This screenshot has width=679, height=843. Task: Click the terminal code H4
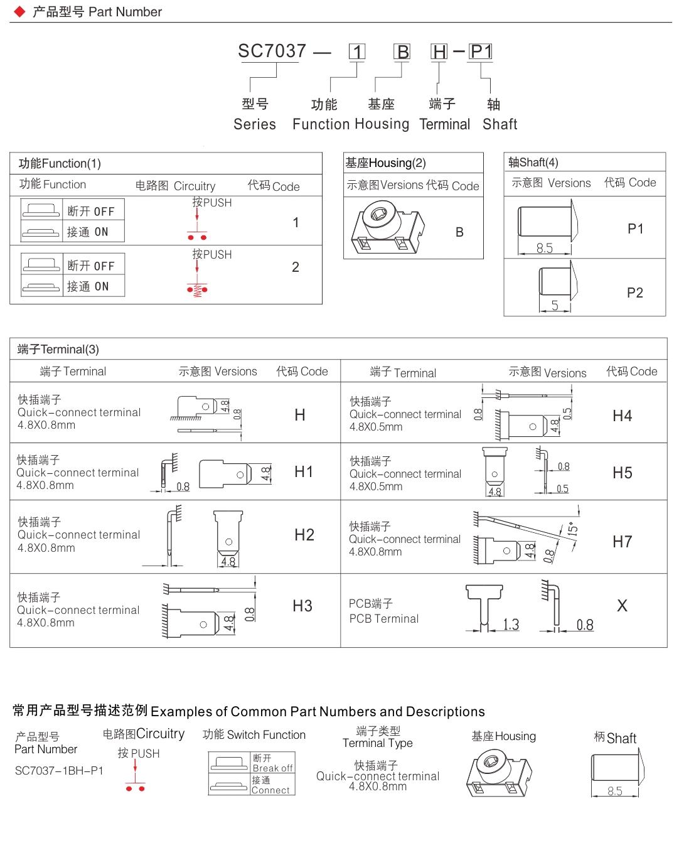(622, 416)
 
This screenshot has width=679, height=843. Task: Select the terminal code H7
(622, 541)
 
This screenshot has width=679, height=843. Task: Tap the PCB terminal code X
(622, 606)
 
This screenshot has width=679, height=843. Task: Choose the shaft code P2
(634, 293)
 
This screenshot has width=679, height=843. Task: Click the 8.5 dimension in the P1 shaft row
(545, 249)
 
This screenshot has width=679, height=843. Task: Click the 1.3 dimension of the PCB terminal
(511, 625)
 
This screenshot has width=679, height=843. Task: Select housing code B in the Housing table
(459, 232)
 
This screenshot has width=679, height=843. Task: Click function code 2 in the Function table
(296, 267)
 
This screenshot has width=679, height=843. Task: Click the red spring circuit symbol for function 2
(197, 289)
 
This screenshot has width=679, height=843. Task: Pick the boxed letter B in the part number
(402, 52)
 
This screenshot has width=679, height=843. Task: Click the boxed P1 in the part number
(481, 51)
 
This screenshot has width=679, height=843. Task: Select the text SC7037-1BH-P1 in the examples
(59, 770)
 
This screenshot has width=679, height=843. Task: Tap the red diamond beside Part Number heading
(19, 11)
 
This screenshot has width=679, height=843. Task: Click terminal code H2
(304, 535)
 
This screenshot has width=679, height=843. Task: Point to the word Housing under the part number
(382, 124)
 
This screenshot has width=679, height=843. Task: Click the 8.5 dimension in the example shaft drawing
(615, 792)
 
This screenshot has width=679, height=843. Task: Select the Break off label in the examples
(272, 768)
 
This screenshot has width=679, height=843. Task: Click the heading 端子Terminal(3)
(58, 350)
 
